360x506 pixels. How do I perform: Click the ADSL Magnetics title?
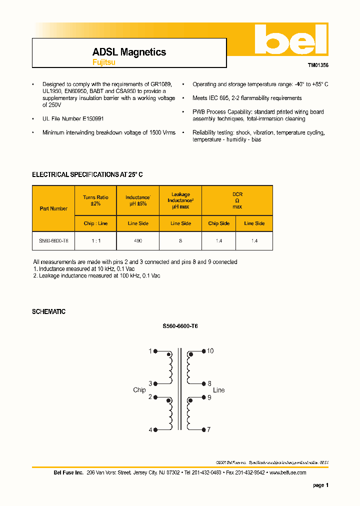pos(129,52)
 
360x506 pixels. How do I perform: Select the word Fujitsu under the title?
pos(103,62)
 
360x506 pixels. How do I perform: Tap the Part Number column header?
pos(53,208)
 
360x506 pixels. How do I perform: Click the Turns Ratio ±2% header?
pos(95,200)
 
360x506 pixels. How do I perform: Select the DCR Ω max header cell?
pos(237,200)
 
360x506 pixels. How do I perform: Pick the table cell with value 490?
pos(137,241)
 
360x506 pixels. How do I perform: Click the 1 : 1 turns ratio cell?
pos(95,241)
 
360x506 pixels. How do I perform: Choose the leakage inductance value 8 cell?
pos(180,241)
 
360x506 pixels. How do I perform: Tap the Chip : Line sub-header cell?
pos(95,223)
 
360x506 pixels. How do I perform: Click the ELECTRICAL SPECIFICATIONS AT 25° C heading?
pos(87,174)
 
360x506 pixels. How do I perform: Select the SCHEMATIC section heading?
pos(48,311)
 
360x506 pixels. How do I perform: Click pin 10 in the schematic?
pos(210,351)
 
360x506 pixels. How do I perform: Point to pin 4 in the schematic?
pos(150,429)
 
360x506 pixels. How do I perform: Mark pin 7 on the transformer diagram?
pos(209,429)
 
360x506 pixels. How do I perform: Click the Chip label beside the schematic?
pos(139,390)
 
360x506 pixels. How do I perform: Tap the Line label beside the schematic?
pos(218,390)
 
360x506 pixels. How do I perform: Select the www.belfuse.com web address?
pos(287,472)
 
